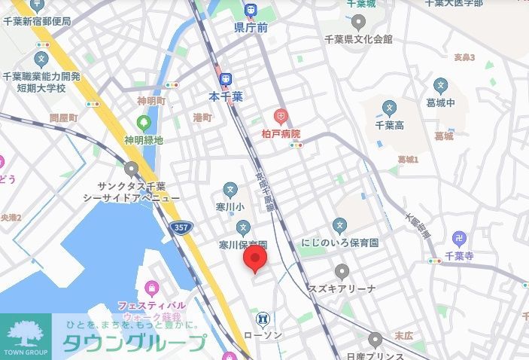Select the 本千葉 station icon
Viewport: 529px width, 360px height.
225,78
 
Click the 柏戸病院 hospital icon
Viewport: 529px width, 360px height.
280,116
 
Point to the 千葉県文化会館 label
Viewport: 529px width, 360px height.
357,38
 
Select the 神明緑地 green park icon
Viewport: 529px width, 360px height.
143,122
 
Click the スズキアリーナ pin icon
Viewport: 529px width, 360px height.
343,271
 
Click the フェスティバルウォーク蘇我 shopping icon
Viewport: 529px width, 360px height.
152,288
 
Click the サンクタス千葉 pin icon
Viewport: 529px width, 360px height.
132,169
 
